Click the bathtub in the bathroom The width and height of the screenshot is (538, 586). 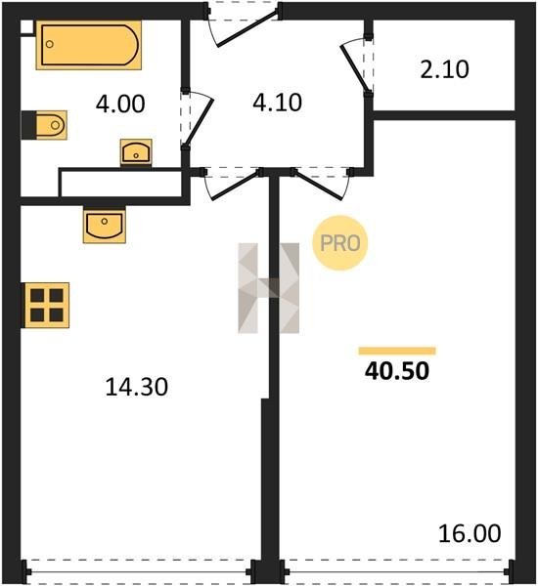pos(89,45)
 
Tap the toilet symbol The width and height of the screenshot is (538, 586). pos(44,125)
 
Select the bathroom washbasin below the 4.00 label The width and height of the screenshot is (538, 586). pos(136,152)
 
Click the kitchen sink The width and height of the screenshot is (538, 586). pos(105,225)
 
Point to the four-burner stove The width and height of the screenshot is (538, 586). pos(46,305)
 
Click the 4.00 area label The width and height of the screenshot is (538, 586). pos(120,104)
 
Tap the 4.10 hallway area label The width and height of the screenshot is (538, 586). pos(277,103)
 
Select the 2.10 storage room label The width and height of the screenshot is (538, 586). pos(444,69)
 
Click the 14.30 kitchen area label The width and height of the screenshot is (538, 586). pos(137,387)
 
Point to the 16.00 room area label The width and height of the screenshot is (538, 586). pos(470,533)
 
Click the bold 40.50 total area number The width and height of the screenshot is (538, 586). pos(397,371)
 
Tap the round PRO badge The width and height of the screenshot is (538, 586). pos(340,243)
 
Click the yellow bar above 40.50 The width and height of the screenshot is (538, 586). pos(397,351)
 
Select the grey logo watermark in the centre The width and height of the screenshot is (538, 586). pos(269,288)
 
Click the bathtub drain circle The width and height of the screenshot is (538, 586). pos(50,44)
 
